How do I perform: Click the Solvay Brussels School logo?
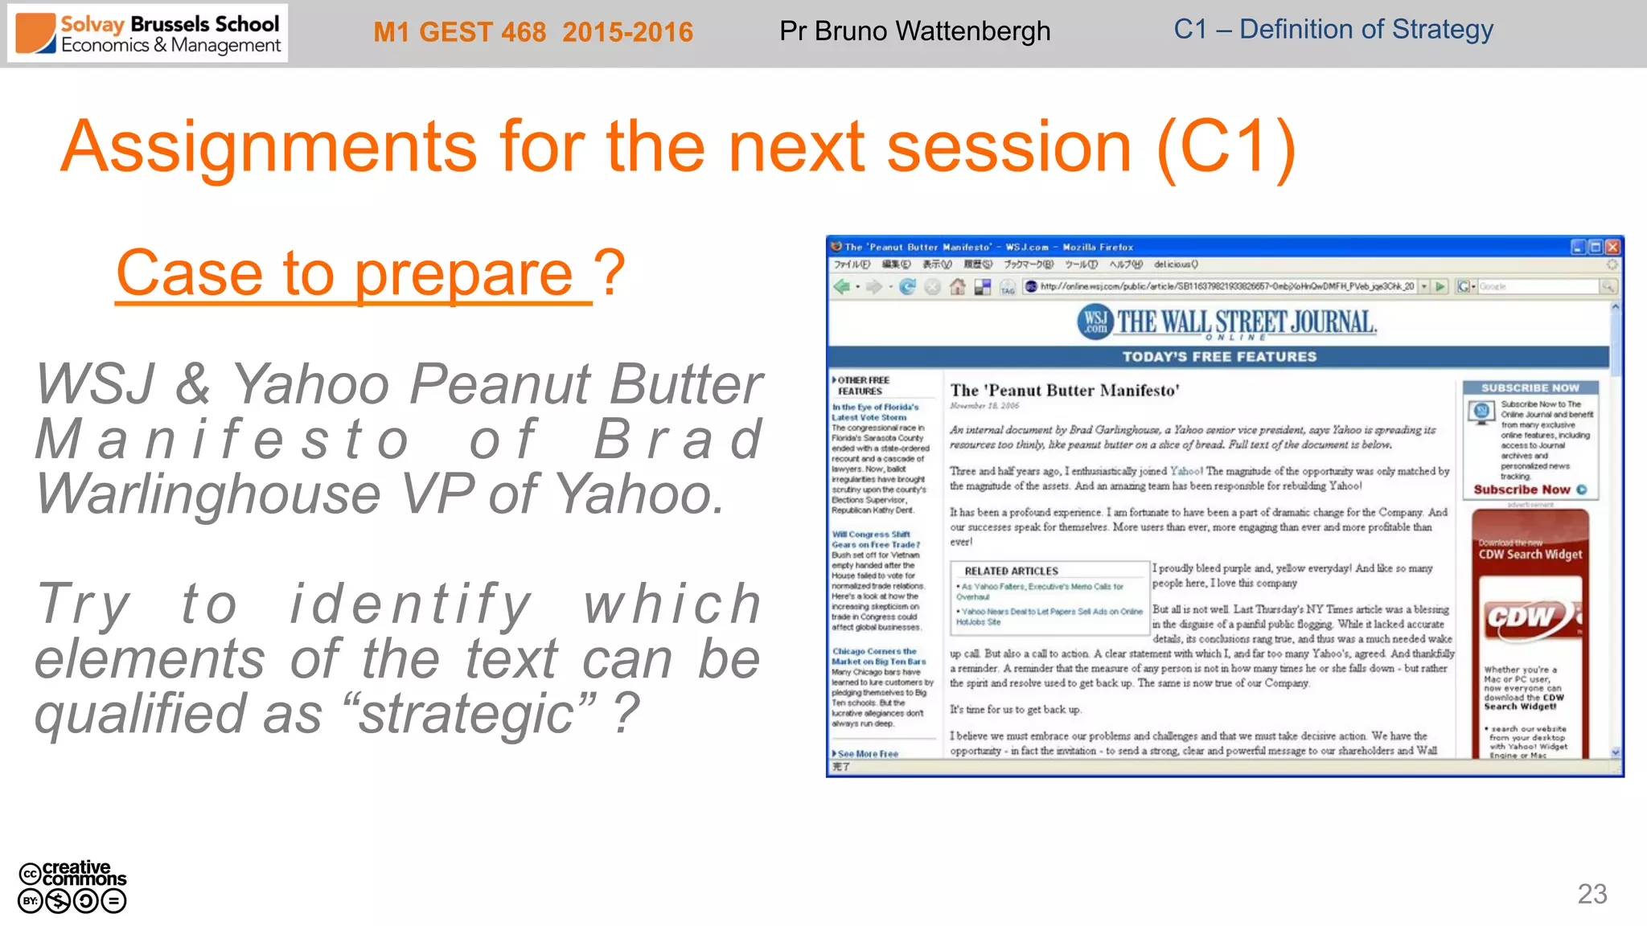tap(148, 34)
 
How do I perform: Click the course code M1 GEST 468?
tap(459, 32)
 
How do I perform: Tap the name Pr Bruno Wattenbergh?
tap(914, 31)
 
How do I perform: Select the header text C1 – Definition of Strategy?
tap(1333, 30)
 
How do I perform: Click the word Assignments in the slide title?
tap(269, 147)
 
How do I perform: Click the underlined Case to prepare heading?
tap(354, 274)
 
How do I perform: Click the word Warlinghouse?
tap(207, 494)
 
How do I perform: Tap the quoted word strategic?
tap(467, 714)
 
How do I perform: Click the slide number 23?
tap(1592, 894)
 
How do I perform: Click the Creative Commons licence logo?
tap(72, 887)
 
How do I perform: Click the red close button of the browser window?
tap(1612, 247)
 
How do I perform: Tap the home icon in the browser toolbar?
tap(957, 287)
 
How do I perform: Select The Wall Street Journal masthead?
tap(1227, 323)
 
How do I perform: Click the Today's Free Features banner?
tap(1219, 357)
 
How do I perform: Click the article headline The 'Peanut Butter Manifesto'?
tap(1064, 391)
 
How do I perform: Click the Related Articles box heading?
tap(1011, 571)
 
